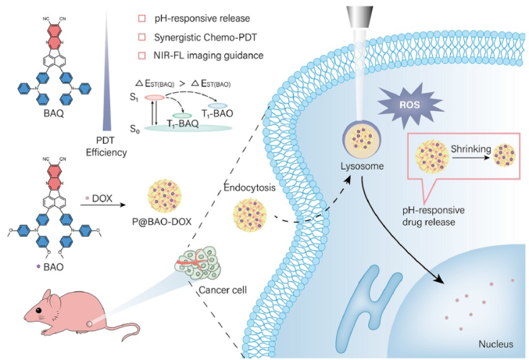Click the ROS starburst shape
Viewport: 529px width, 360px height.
(x=410, y=105)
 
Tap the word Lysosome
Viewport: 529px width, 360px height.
(x=362, y=166)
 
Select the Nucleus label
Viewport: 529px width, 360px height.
(x=496, y=344)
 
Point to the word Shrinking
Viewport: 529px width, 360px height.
(x=471, y=148)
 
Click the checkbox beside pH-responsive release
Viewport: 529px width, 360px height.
(x=142, y=18)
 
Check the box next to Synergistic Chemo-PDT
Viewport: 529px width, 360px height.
(x=142, y=37)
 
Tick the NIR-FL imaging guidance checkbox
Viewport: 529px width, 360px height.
(x=142, y=55)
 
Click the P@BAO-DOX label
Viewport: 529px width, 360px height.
(x=162, y=222)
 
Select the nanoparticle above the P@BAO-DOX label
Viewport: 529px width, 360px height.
(x=165, y=196)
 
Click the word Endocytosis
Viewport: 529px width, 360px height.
(x=250, y=187)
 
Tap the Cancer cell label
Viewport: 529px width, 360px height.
(x=223, y=290)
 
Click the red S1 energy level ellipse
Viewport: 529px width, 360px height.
(x=155, y=98)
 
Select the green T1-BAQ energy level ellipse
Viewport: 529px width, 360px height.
(x=182, y=116)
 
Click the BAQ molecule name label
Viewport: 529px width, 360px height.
(x=54, y=113)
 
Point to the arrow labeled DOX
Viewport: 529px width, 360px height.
(x=102, y=205)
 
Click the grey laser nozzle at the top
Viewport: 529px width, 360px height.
(x=359, y=17)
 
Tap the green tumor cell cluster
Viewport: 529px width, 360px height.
(x=198, y=262)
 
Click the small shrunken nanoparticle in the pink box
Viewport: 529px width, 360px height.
(x=504, y=155)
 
